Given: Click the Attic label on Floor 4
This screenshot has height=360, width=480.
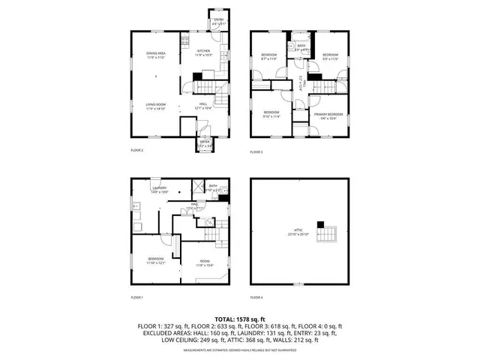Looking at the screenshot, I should pos(299,232).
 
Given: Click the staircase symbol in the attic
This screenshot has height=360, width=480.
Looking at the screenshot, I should pos(327,237).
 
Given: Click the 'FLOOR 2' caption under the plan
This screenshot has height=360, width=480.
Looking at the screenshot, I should pos(137,150).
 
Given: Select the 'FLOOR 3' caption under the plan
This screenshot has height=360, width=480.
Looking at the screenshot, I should pos(256,152).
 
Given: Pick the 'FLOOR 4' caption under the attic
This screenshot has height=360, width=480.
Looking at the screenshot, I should pos(256,297).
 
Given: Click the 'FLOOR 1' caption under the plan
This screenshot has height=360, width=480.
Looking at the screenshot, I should pos(137,297).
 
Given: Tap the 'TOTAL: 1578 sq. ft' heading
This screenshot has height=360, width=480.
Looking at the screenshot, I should pos(240,319).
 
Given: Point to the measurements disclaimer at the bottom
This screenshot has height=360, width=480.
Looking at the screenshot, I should pos(240,349).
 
